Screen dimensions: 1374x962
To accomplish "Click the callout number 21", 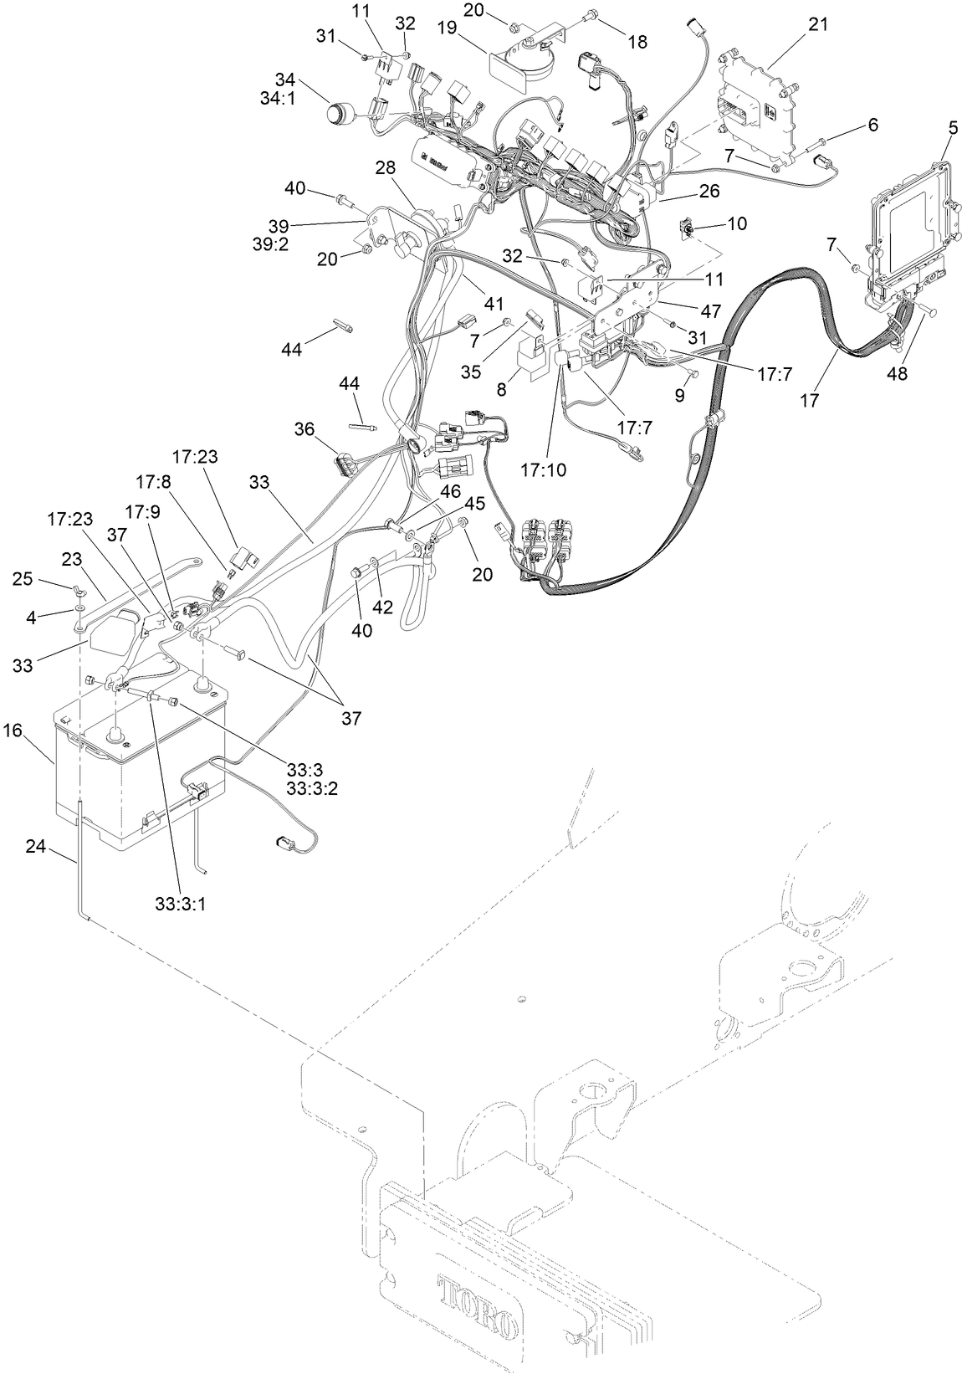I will coord(818,24).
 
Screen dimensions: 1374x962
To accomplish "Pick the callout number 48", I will coord(897,375).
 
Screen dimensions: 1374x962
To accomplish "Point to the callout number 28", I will coord(385,168).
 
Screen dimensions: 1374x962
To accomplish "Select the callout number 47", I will coord(710,310).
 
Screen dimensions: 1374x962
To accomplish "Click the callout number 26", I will coord(709,192).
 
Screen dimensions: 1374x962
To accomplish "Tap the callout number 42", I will coord(382,607).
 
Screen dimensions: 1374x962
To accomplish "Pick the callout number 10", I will coord(737,223).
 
